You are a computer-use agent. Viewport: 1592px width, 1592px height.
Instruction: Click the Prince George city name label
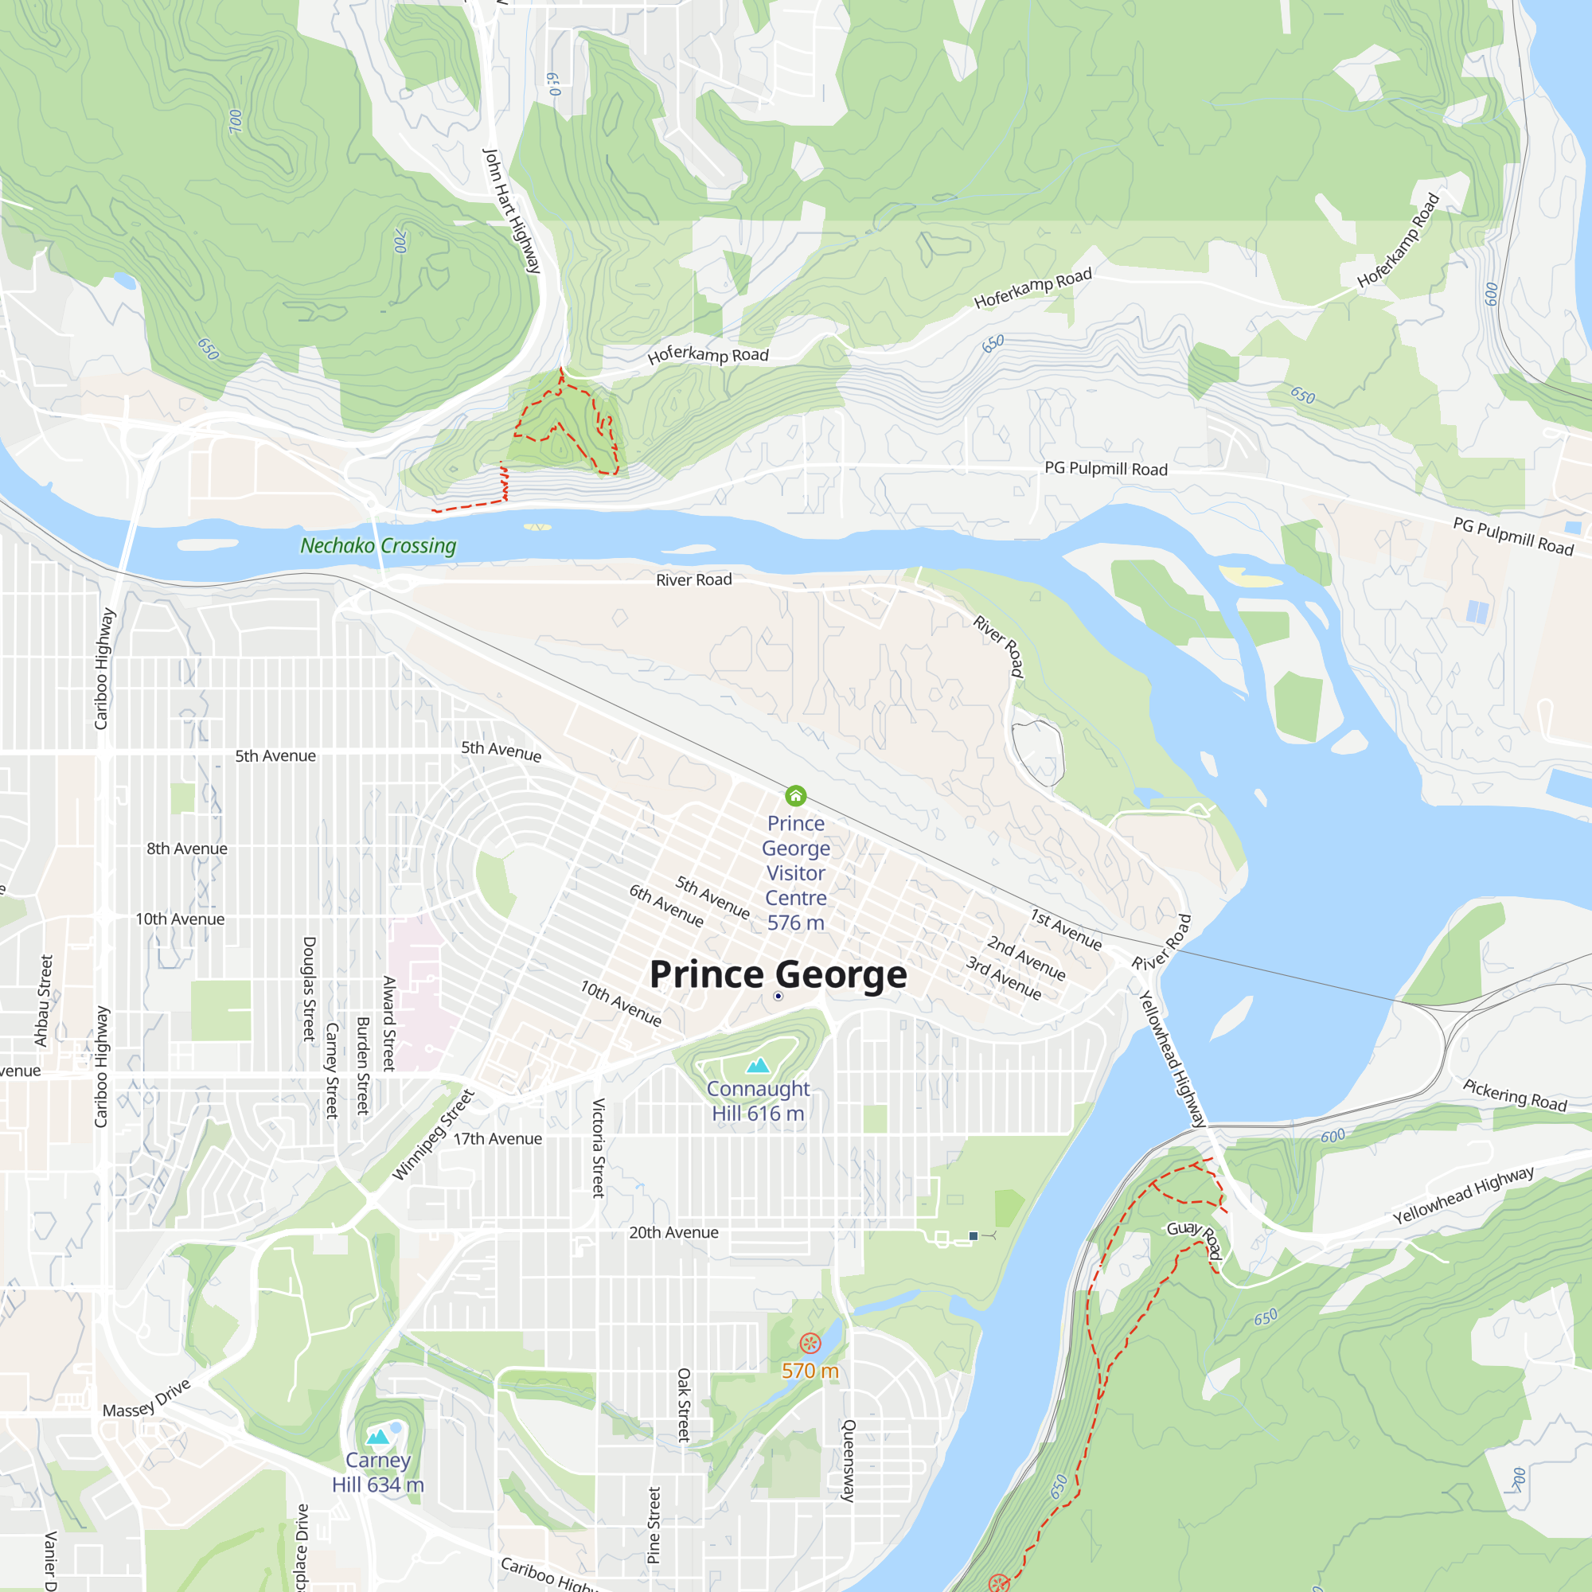click(778, 974)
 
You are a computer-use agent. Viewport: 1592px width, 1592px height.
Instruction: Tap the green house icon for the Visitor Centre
click(795, 795)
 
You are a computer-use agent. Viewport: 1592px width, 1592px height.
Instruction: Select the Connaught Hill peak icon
click(757, 1066)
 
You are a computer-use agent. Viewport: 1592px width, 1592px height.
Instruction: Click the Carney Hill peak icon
click(377, 1437)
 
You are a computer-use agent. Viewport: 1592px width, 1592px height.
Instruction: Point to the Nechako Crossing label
click(378, 545)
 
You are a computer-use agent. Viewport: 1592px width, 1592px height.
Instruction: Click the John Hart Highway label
click(512, 211)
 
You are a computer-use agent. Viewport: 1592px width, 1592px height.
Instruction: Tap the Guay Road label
click(1194, 1239)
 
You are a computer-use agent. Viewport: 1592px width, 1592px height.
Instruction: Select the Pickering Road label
click(1515, 1095)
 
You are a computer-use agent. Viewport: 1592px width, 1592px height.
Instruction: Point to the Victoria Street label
click(599, 1147)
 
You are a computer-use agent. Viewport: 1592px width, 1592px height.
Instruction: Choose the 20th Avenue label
click(673, 1233)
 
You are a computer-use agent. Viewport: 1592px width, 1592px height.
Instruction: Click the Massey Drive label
click(146, 1399)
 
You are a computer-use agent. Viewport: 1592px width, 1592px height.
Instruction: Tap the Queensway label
click(849, 1460)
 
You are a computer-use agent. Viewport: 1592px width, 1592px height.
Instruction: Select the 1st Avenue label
click(1066, 930)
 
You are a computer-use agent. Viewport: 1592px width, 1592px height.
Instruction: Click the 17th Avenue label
click(497, 1139)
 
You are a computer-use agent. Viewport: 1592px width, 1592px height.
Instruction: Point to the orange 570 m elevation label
click(810, 1371)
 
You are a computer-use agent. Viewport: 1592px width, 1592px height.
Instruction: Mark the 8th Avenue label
click(187, 849)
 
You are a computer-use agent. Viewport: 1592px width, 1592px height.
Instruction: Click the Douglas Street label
click(310, 989)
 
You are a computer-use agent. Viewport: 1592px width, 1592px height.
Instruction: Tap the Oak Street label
click(684, 1404)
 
